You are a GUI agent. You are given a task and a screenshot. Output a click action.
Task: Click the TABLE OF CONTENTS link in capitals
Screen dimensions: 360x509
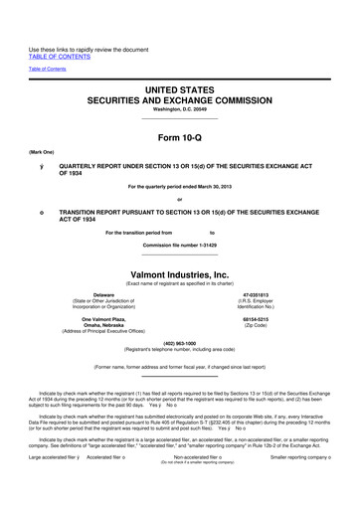click(x=60, y=58)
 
